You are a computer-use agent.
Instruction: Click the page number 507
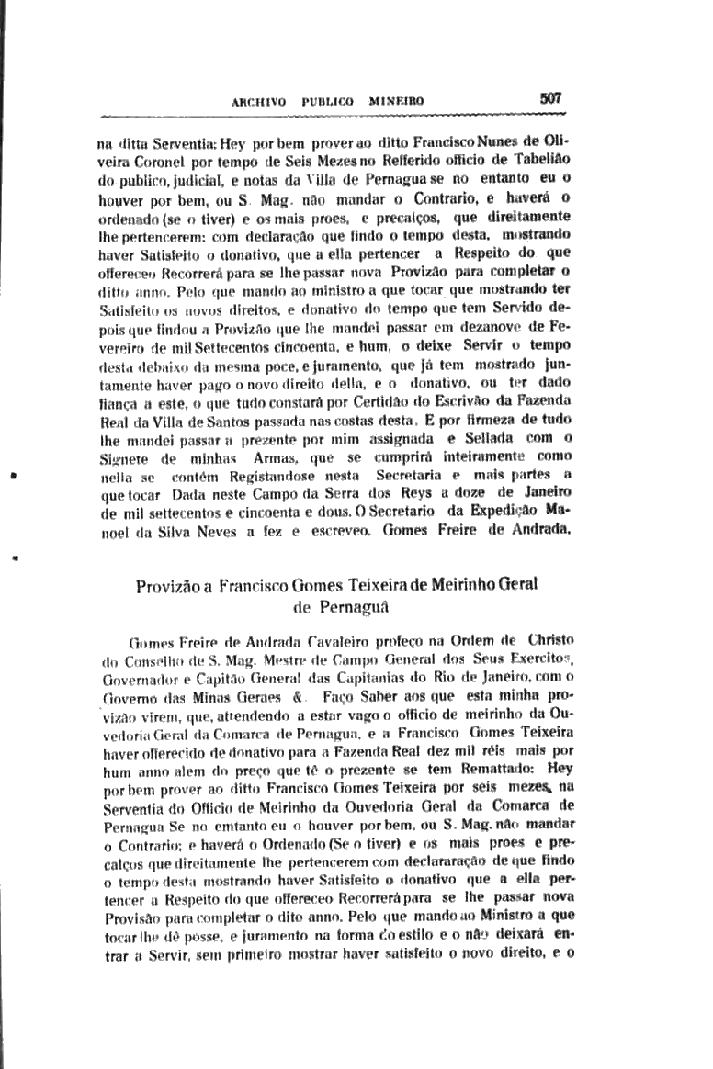[x=551, y=97]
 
